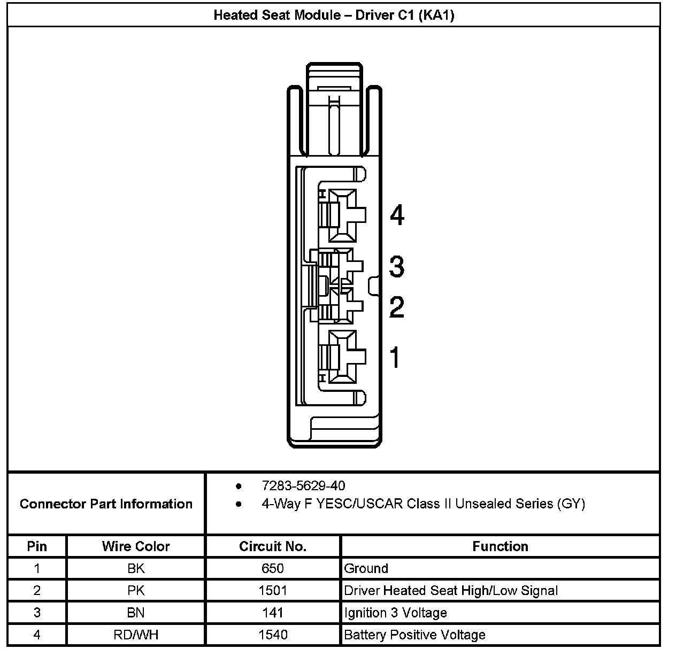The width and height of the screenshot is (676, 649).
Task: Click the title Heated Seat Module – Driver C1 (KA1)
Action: point(334,15)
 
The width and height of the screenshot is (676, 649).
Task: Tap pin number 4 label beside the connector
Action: point(397,215)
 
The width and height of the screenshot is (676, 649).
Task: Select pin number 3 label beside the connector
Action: point(396,266)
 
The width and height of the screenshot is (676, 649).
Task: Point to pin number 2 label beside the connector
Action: point(396,307)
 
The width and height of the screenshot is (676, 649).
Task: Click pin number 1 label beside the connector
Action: point(395,357)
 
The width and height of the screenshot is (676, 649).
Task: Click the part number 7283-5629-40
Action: point(303,485)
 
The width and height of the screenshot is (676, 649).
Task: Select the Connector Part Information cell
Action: point(106,504)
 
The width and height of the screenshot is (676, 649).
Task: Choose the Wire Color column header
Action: point(136,546)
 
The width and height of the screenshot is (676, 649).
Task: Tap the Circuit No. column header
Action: point(273,546)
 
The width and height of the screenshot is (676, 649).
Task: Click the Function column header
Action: point(500,546)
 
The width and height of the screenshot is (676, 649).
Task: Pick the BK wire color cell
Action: point(136,568)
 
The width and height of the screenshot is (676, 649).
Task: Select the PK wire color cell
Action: point(136,591)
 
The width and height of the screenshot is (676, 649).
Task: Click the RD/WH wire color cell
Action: point(136,635)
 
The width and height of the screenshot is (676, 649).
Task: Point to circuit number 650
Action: point(273,568)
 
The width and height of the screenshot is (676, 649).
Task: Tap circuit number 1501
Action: point(273,591)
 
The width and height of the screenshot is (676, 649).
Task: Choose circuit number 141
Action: point(273,613)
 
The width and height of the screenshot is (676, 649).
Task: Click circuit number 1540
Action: point(273,635)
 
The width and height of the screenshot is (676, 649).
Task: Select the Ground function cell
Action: point(366,568)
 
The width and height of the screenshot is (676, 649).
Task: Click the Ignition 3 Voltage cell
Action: point(395,613)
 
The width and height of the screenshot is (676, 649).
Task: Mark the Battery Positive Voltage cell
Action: point(414,635)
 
